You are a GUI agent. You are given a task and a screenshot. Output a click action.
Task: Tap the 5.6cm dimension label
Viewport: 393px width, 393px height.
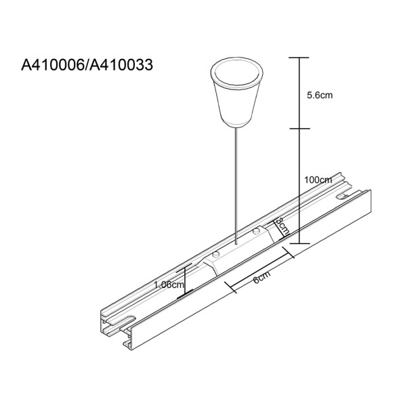(320, 96)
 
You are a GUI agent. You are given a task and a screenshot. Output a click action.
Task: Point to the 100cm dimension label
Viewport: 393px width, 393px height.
(318, 180)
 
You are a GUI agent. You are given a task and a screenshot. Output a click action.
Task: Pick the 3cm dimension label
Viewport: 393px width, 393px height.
(283, 225)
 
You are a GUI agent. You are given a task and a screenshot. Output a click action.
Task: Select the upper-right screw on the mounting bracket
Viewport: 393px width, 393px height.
(255, 232)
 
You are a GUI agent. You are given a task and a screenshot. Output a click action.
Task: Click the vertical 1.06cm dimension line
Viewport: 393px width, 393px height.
(184, 281)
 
